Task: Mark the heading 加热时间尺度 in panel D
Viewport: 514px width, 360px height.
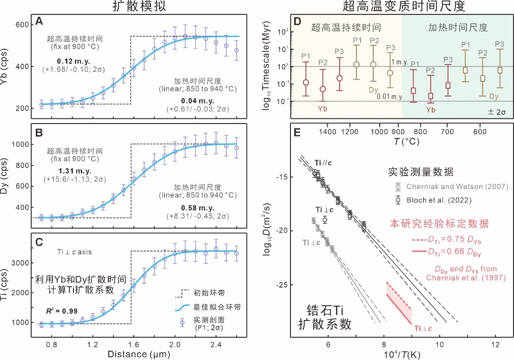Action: click(458, 27)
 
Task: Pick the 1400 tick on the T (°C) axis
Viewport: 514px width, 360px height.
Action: click(328, 132)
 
